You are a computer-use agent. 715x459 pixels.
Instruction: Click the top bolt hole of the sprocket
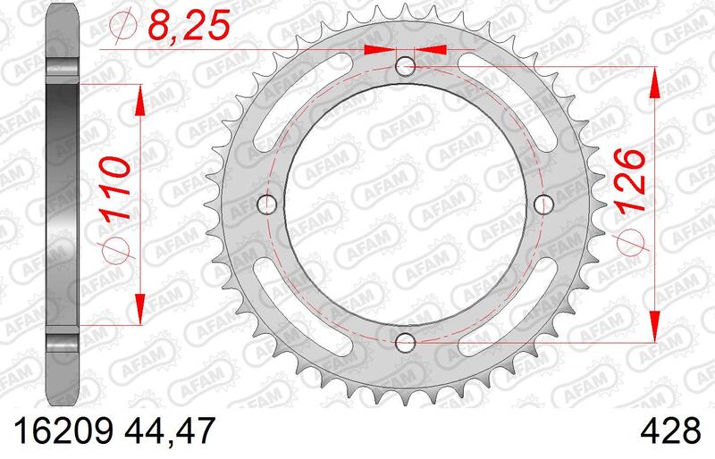(x=405, y=67)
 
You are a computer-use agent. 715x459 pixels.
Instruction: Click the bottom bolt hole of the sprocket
(x=405, y=342)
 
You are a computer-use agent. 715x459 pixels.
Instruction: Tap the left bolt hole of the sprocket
(x=267, y=204)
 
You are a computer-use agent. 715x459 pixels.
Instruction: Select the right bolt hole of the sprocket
(x=543, y=204)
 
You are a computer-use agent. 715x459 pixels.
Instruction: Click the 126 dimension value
(x=631, y=181)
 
